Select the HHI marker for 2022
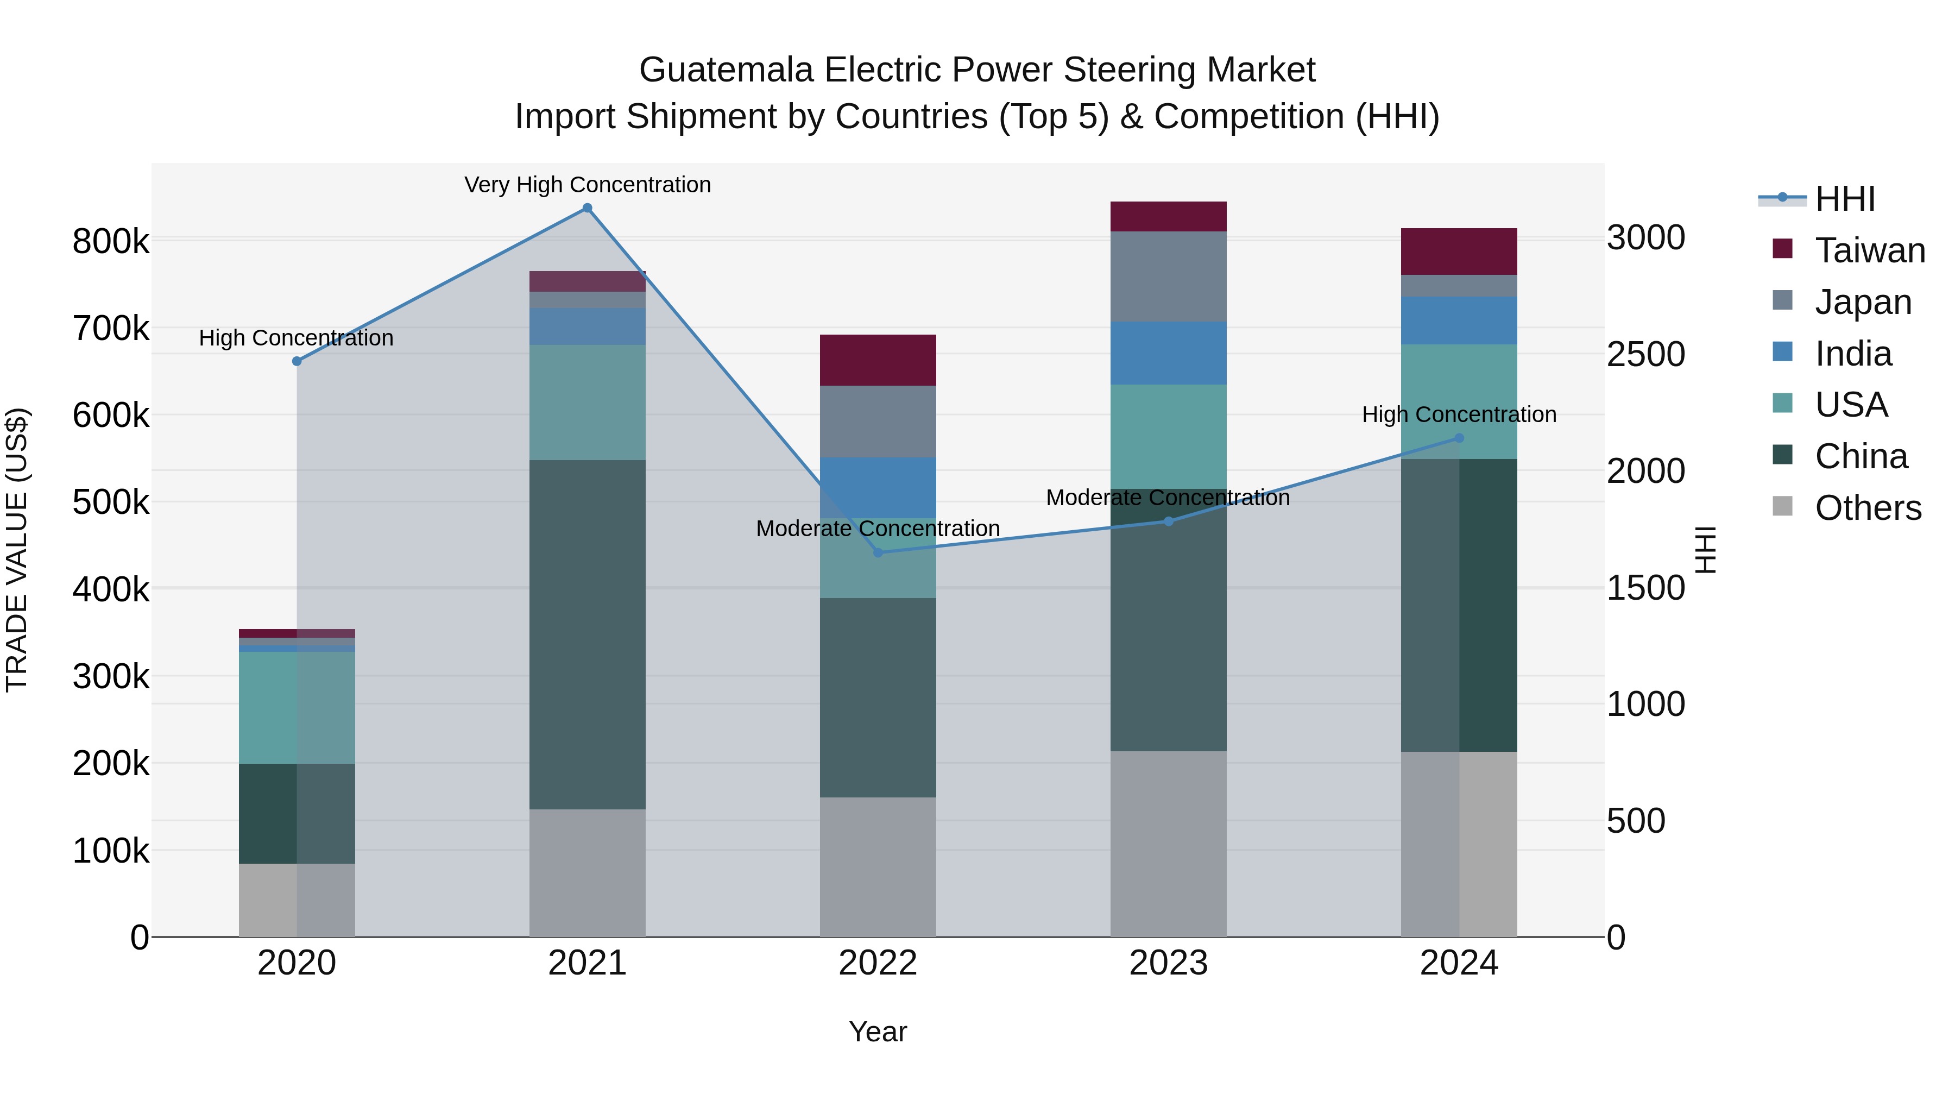[878, 552]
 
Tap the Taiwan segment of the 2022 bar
[878, 360]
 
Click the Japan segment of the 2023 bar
[1168, 276]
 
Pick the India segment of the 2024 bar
[1458, 320]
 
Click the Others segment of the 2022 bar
[878, 866]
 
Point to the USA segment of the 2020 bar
[297, 707]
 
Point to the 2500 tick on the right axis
[1645, 355]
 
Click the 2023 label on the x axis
[1168, 963]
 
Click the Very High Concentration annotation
[588, 185]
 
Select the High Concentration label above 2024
[1459, 414]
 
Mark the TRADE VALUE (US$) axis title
[17, 550]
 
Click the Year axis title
[878, 1032]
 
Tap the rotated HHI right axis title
[1705, 550]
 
